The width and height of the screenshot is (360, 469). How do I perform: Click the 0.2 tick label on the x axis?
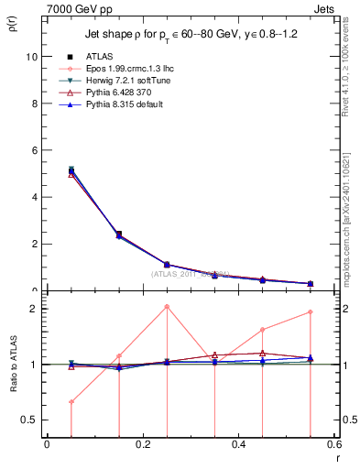(x=142, y=444)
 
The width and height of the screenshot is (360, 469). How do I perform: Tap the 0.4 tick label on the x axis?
(x=238, y=444)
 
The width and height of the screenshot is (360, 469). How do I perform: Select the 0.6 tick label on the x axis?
(x=333, y=444)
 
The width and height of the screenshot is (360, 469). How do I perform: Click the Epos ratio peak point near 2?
(x=167, y=306)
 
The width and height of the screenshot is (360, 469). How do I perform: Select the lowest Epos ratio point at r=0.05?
(x=71, y=401)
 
